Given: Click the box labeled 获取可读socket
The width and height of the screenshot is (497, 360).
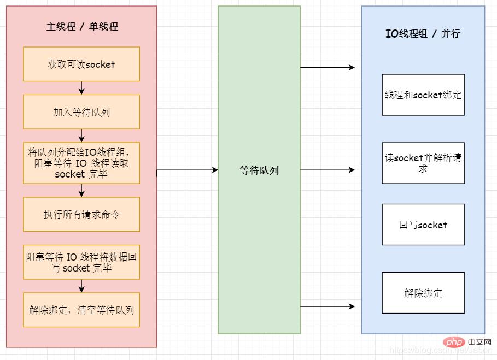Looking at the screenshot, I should click(81, 64).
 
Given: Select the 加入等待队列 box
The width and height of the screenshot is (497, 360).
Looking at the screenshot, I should click(81, 112).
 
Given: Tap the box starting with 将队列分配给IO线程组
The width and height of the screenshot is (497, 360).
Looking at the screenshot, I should click(81, 163).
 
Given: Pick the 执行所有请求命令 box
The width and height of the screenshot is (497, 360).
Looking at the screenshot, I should click(81, 214).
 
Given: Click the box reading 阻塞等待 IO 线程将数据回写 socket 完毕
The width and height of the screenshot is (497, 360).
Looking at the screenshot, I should click(81, 262).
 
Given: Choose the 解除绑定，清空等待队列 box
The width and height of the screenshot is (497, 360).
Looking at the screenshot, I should click(81, 310).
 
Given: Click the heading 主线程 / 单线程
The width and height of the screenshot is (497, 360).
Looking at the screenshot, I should click(82, 26).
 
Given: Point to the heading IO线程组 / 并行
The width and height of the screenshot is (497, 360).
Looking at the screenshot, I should click(423, 33).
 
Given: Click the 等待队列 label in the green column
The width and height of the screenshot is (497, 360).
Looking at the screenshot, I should click(259, 170).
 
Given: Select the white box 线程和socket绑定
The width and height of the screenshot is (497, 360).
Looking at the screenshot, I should click(423, 95).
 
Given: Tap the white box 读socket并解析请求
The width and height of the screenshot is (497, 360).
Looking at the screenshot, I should click(423, 163).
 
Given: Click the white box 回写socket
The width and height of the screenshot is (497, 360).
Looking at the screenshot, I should click(423, 225).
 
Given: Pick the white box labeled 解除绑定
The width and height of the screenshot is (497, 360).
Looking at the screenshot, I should click(423, 293).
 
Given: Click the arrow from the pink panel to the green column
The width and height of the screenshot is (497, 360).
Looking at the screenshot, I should click(188, 170).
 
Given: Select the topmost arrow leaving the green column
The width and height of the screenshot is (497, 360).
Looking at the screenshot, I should click(328, 68).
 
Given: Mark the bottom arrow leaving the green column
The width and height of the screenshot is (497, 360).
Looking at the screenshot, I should click(328, 306).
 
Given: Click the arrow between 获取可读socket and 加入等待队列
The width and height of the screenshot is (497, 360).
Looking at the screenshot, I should click(81, 88).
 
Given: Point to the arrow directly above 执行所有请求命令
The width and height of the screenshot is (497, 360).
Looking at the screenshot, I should click(81, 190).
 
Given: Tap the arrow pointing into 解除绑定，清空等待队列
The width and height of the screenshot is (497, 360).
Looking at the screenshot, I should click(81, 286).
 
